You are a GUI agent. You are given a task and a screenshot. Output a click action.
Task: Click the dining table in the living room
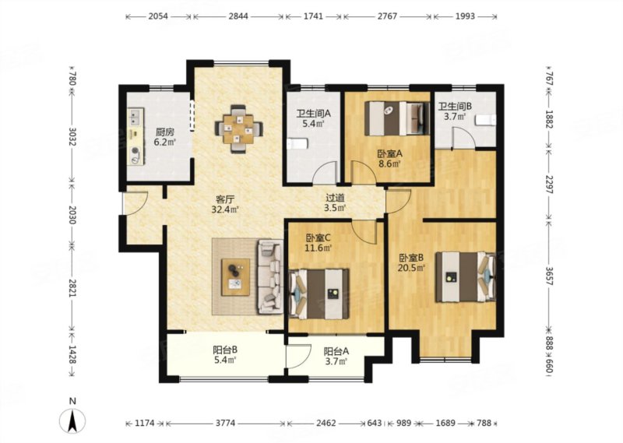tap(238, 128)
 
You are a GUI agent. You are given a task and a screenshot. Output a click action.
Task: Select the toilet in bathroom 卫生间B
tap(485, 120)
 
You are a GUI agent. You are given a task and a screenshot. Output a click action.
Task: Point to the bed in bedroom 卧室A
tap(397, 118)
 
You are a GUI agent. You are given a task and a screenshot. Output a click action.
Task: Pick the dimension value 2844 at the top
tap(238, 16)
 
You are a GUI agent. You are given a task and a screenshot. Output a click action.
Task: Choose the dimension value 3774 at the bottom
tap(225, 423)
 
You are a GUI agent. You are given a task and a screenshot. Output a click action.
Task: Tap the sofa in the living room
tap(270, 276)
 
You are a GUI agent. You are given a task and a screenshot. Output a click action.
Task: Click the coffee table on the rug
tap(236, 277)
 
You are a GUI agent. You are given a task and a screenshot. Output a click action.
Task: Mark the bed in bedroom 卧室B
tap(466, 277)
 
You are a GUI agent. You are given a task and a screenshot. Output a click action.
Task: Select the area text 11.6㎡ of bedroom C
tap(319, 248)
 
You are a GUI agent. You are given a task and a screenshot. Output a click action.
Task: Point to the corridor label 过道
tap(335, 198)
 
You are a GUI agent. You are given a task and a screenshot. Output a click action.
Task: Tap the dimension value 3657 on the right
tap(549, 276)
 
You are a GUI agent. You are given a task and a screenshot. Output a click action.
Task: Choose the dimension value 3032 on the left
tap(72, 137)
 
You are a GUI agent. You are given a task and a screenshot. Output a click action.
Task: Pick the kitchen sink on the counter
tap(135, 117)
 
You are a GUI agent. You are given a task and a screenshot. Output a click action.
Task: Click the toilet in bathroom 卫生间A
tap(297, 143)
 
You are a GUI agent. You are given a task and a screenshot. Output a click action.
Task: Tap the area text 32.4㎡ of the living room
tap(225, 209)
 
